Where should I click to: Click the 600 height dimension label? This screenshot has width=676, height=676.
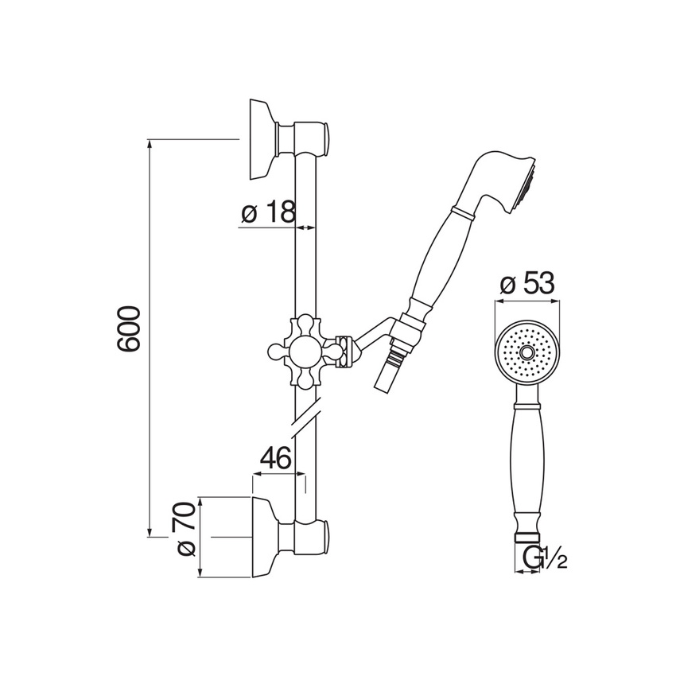129,329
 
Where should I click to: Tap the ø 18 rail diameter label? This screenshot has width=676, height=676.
269,212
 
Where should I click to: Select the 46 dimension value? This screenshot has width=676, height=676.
276,458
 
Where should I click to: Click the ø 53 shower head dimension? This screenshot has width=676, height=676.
527,284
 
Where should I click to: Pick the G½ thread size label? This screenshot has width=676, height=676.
545,558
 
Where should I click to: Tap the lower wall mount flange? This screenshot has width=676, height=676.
265,537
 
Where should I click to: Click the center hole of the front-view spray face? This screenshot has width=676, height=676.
526,352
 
